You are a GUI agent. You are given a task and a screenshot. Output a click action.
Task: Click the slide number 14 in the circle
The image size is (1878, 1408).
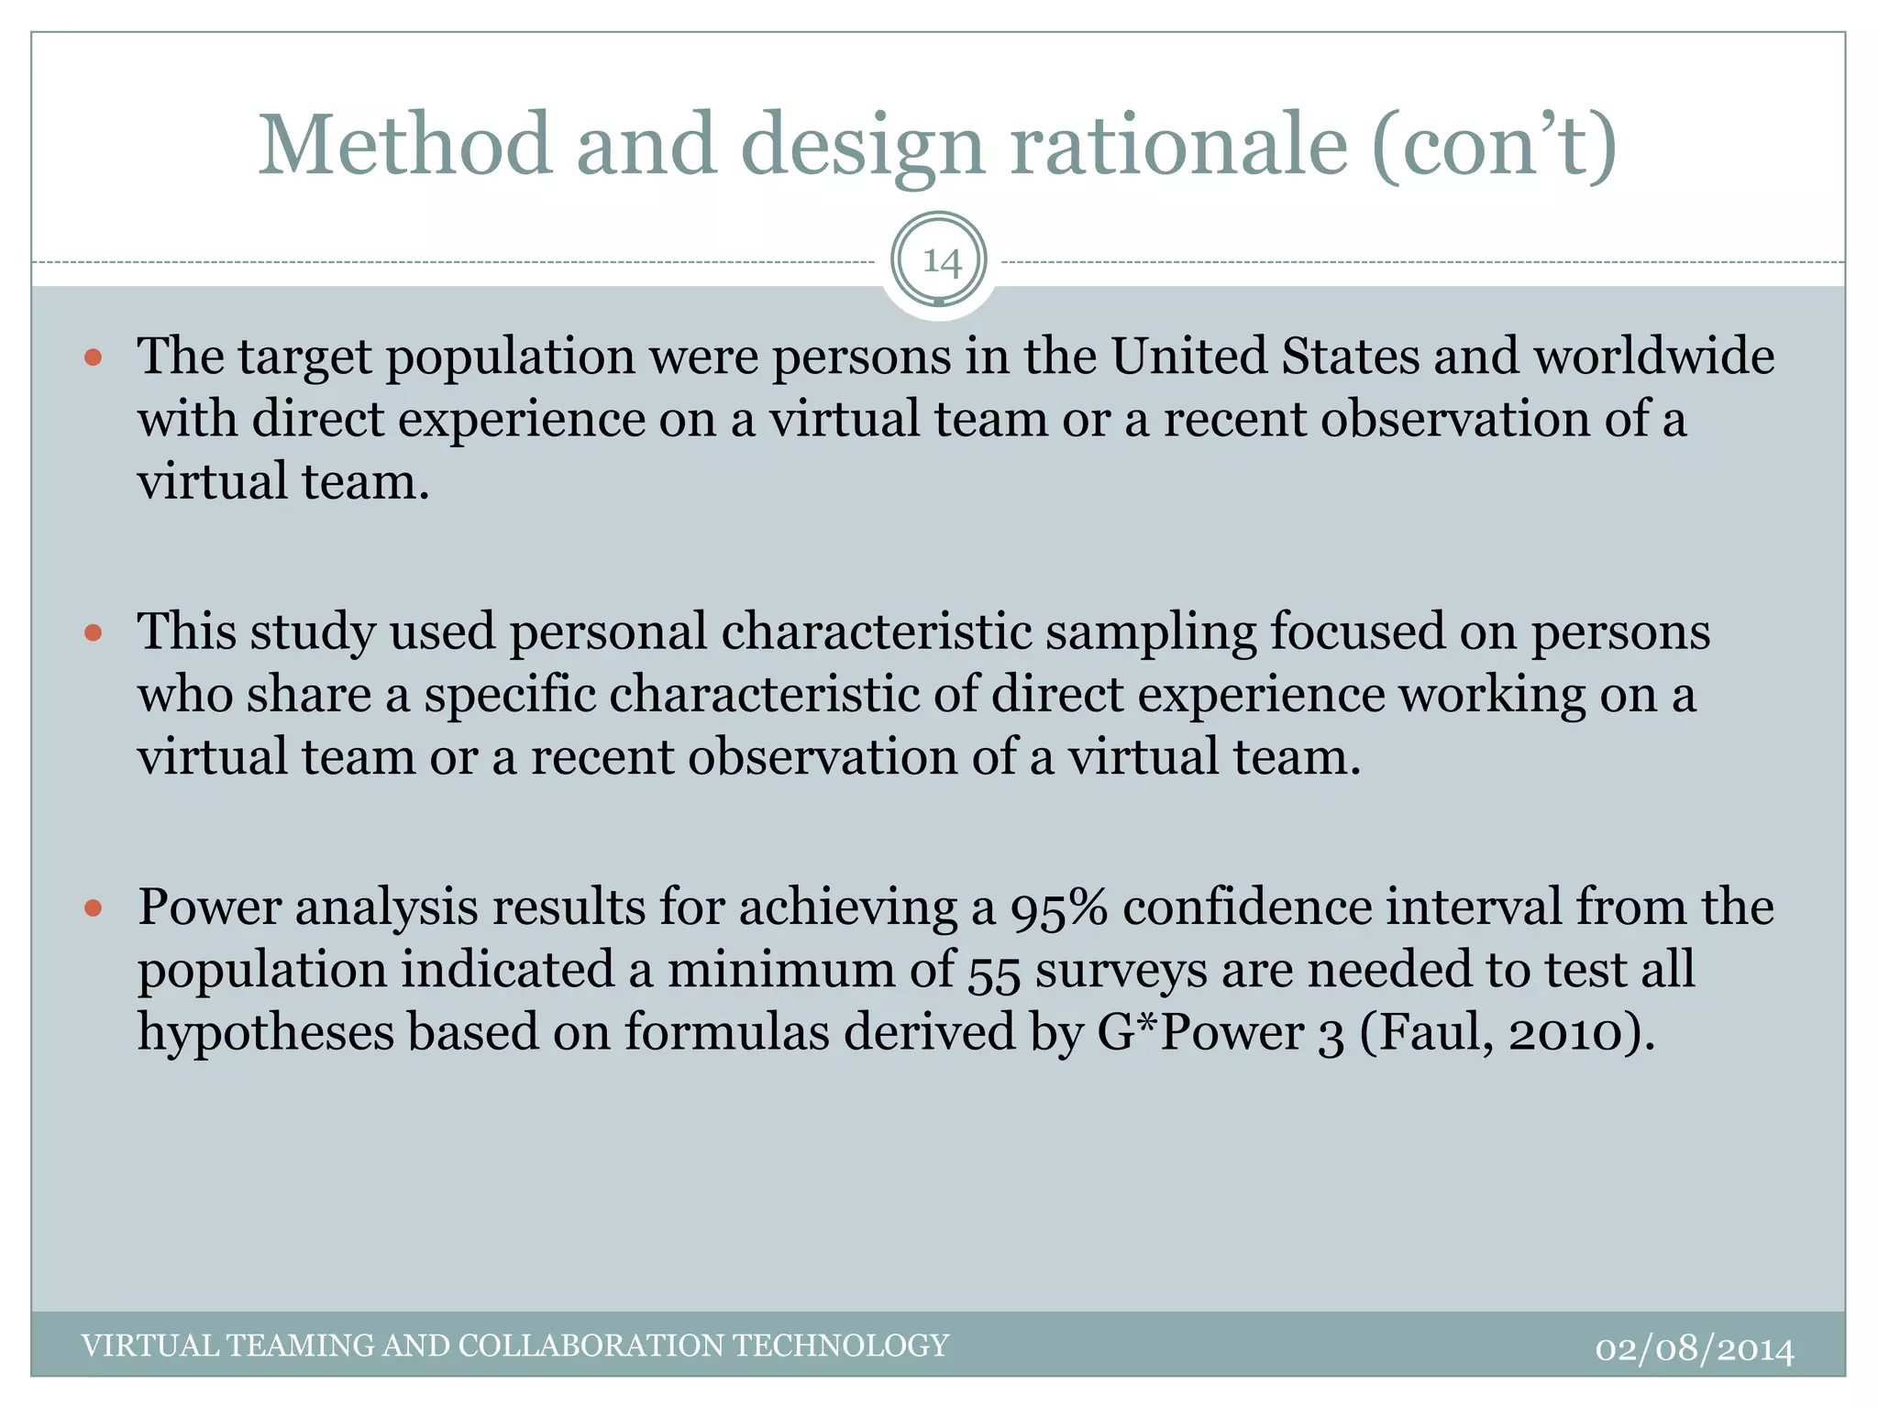(x=941, y=262)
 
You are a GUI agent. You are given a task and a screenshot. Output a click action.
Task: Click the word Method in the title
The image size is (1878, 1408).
(x=404, y=145)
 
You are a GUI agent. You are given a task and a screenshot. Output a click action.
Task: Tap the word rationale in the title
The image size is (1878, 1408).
(x=1178, y=145)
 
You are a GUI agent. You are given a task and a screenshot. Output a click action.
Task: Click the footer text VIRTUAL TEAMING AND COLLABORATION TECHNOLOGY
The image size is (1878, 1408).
(x=514, y=1345)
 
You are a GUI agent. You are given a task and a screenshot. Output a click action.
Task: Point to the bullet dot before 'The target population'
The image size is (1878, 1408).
(x=94, y=357)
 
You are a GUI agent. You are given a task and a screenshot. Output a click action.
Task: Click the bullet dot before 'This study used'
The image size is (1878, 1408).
(x=94, y=632)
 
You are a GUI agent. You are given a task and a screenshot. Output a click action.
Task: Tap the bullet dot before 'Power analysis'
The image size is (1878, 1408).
(x=94, y=908)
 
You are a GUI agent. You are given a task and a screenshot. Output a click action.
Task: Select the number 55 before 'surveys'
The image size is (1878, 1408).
(x=994, y=971)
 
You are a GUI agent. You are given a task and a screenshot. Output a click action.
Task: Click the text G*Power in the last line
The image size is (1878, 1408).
(x=1199, y=1033)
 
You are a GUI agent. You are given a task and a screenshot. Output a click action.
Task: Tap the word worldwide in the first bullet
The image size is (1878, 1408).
(x=1654, y=356)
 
